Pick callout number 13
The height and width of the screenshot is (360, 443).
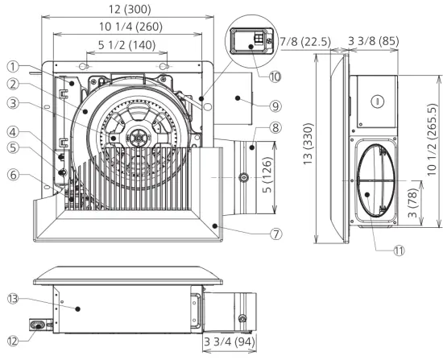pos(11,298)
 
